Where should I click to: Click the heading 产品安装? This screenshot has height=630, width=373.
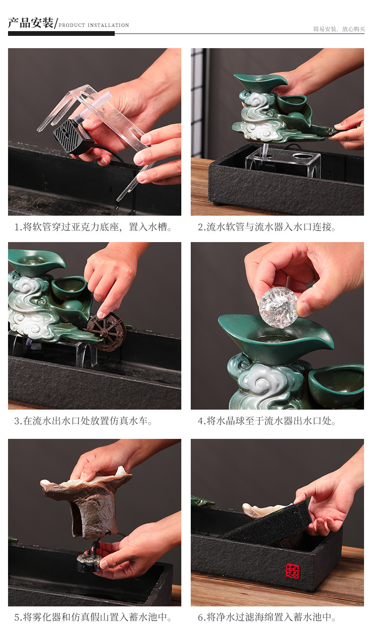coord(31,23)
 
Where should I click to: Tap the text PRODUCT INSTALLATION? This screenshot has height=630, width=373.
coord(93,25)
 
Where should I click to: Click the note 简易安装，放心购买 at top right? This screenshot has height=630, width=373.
coord(339,29)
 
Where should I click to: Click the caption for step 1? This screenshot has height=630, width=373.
coord(93,227)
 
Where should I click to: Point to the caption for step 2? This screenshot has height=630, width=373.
coord(267,227)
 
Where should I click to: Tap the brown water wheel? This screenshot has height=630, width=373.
coord(106,331)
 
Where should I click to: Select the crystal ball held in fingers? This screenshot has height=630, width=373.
coord(279,307)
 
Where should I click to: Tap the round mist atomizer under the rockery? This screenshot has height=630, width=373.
coord(89,563)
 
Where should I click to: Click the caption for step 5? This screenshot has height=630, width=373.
coord(93,617)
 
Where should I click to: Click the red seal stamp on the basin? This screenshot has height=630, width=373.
coord(292,571)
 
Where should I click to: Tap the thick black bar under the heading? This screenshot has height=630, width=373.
coord(61,34)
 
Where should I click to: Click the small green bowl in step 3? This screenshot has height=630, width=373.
coord(69,287)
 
